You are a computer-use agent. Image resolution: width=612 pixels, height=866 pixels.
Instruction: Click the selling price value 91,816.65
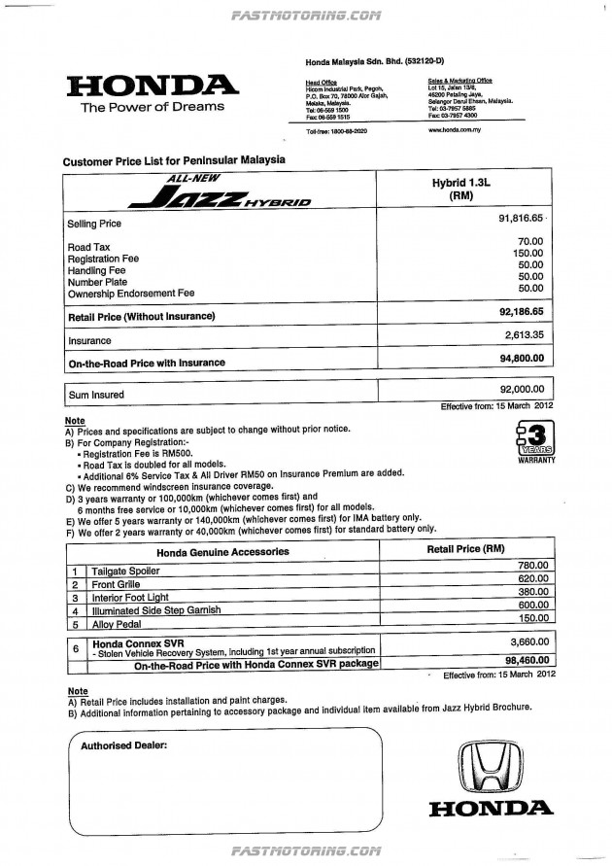click(518, 222)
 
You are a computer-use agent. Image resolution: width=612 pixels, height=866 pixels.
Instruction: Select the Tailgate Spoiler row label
click(125, 568)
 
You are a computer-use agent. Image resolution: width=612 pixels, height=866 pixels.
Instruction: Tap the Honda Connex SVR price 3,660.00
click(528, 643)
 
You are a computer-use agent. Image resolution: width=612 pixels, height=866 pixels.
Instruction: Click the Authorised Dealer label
click(123, 745)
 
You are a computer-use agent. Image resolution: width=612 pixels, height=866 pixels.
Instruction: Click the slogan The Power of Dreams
click(152, 107)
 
